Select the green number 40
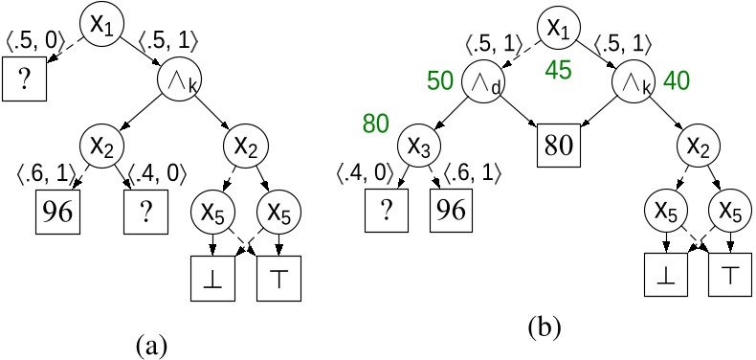pyautogui.click(x=676, y=82)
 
